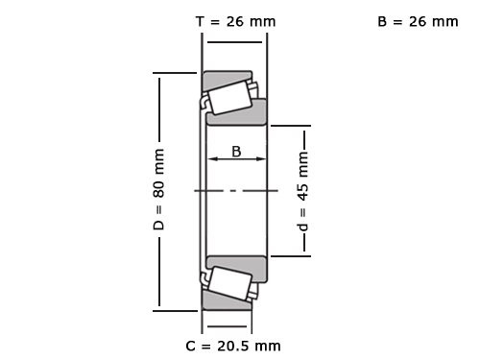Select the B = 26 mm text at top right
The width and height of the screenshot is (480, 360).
pos(418,20)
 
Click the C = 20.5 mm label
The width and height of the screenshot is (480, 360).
pos(233,345)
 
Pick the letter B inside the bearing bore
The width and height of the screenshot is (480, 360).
pos(236,150)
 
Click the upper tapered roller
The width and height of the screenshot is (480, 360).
pos(228,97)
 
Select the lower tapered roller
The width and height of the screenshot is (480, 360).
pos(228,283)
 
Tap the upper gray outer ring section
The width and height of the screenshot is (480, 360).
pos(226,77)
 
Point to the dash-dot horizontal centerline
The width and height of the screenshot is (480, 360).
pos(231,191)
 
